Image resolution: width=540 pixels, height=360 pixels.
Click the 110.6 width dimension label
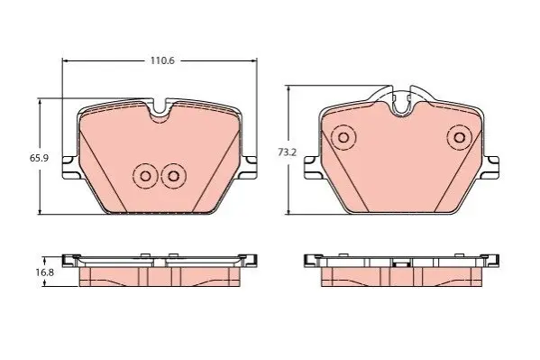tap(162, 60)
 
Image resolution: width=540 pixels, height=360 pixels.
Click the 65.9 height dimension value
tap(39, 158)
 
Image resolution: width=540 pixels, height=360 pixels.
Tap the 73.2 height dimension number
tap(287, 152)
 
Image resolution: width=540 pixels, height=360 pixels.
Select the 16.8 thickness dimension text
tap(44, 272)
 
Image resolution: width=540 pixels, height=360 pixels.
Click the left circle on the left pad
tap(145, 176)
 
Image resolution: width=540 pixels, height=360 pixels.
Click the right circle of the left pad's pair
tap(174, 176)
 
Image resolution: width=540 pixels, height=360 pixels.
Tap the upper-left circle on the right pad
tap(343, 137)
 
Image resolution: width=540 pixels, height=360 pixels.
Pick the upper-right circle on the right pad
tap(459, 137)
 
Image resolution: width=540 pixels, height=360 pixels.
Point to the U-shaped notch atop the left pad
tap(160, 111)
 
